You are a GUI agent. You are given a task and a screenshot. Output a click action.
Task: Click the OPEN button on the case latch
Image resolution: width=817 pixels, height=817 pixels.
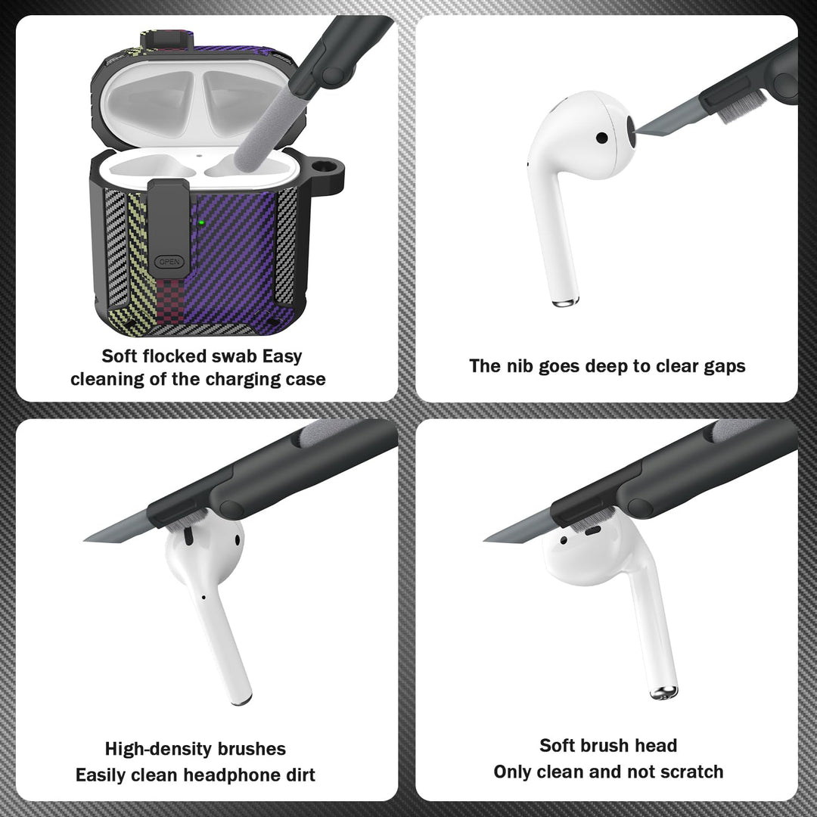coord(169,262)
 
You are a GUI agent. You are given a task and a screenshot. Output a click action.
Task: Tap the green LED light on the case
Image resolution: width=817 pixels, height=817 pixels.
coord(201,223)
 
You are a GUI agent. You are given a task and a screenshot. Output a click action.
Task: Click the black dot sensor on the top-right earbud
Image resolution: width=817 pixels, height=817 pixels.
coord(602,138)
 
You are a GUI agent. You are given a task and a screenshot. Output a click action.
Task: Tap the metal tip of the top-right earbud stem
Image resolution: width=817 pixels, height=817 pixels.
coord(565,302)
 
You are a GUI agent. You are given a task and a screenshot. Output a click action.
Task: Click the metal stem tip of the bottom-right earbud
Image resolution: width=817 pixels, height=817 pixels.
coord(664,693)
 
